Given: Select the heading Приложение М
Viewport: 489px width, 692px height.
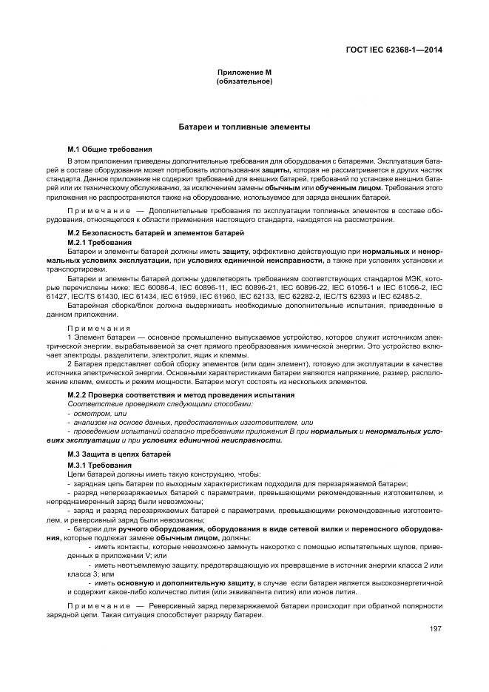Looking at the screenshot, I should click(244, 72).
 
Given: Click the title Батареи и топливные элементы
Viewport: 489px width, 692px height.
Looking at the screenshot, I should click(244, 127).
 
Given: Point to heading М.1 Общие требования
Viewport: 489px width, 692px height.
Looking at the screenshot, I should click(109, 150).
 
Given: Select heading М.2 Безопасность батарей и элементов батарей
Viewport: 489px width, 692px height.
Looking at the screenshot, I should click(155, 234).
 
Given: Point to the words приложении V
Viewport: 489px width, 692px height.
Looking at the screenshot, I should click(124, 555).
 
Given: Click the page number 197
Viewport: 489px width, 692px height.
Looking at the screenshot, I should click(435, 629).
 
